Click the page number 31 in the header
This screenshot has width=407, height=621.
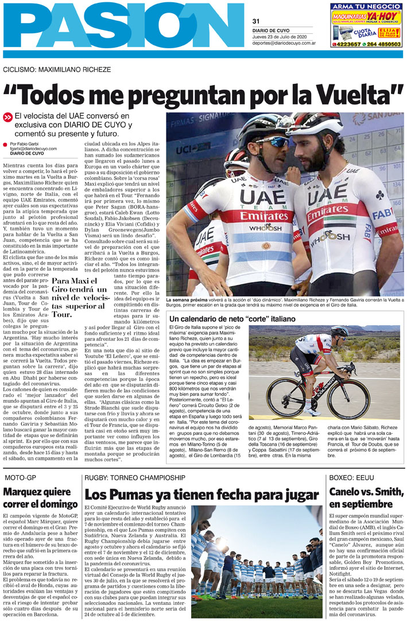pos(256,21)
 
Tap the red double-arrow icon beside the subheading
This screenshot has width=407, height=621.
pos(7,117)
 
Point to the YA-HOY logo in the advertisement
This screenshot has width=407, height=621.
pos(383,16)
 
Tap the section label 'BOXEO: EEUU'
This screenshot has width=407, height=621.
pos(352,477)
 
